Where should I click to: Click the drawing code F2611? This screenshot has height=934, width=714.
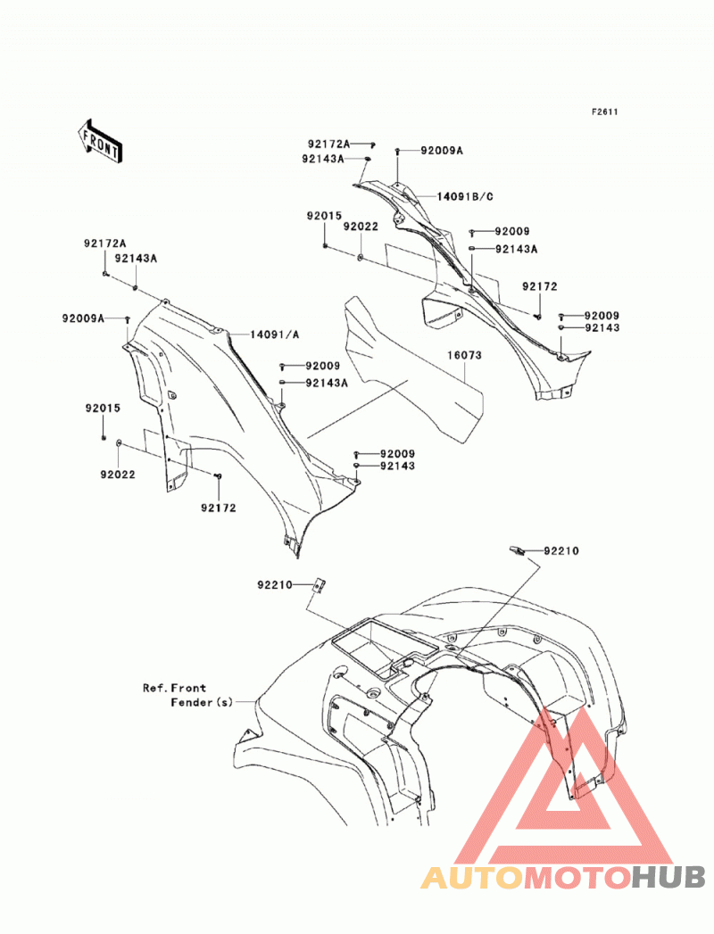click(604, 112)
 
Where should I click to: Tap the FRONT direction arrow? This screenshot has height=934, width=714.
click(100, 141)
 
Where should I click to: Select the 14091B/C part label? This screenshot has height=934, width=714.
click(465, 196)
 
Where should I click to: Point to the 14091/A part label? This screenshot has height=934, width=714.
click(274, 335)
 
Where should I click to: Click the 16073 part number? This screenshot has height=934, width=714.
click(464, 355)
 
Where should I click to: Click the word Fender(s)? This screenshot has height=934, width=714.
click(202, 703)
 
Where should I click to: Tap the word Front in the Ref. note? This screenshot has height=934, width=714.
click(189, 688)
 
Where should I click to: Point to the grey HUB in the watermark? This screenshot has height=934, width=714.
click(668, 878)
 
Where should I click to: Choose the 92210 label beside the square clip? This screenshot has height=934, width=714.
click(275, 585)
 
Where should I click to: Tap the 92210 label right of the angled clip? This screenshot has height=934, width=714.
click(560, 551)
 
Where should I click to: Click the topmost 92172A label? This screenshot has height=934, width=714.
click(328, 145)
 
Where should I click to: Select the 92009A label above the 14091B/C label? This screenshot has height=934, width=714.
click(442, 151)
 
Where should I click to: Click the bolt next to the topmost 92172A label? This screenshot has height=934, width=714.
click(371, 145)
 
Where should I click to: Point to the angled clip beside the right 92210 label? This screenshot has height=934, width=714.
click(516, 550)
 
